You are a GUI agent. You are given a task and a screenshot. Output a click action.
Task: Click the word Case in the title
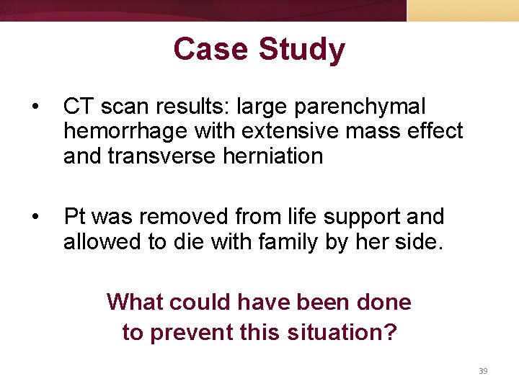click(210, 50)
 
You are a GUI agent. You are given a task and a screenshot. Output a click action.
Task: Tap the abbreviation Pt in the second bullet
click(75, 217)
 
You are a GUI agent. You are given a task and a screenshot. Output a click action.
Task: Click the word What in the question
click(137, 302)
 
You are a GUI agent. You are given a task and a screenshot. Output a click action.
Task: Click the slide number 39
click(483, 371)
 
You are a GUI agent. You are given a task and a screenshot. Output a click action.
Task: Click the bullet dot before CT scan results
click(35, 107)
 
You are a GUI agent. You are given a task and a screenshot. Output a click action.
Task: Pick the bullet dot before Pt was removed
click(35, 218)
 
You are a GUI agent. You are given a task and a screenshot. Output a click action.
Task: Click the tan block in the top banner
click(463, 10)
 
